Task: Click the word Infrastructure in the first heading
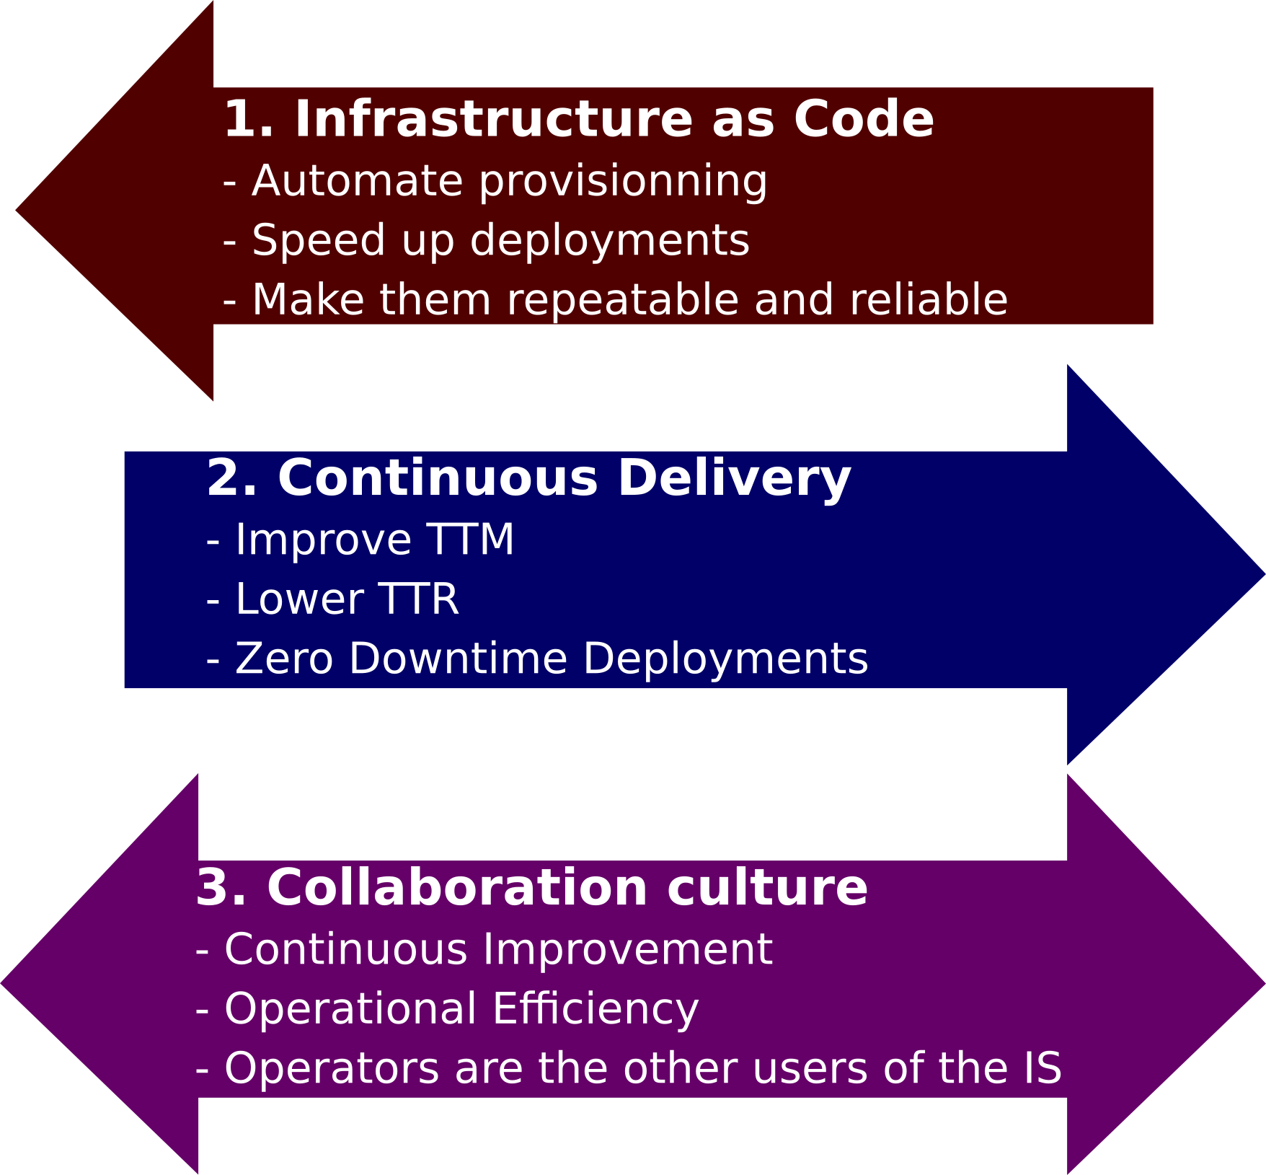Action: click(494, 119)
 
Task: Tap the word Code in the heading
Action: click(864, 119)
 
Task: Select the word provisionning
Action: click(624, 182)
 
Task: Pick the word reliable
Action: click(929, 299)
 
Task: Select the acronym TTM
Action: click(470, 540)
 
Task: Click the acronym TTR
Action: click(418, 599)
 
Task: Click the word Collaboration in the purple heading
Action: click(457, 888)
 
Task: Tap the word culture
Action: click(768, 888)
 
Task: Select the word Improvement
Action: click(628, 949)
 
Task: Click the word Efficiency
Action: click(596, 1010)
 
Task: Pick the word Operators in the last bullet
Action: click(332, 1069)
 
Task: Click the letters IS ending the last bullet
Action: click(1042, 1068)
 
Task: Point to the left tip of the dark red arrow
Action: click(16, 211)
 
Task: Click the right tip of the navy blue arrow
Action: click(1265, 574)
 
